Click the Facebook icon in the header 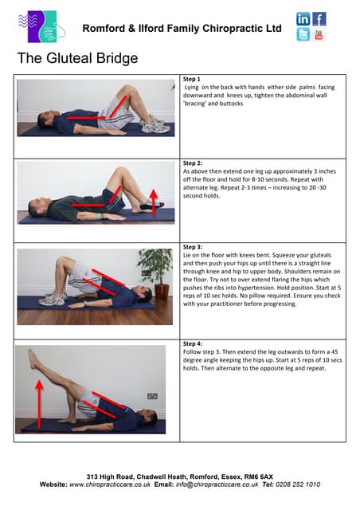[319, 18]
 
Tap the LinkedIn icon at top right [303, 18]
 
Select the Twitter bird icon [303, 34]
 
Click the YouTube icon [319, 34]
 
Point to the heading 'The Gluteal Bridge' [77, 58]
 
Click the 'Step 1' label [192, 80]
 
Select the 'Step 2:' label [194, 163]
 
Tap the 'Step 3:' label [194, 247]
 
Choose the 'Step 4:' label [194, 343]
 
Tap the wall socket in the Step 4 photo [152, 396]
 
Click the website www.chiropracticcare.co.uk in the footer [106, 484]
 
